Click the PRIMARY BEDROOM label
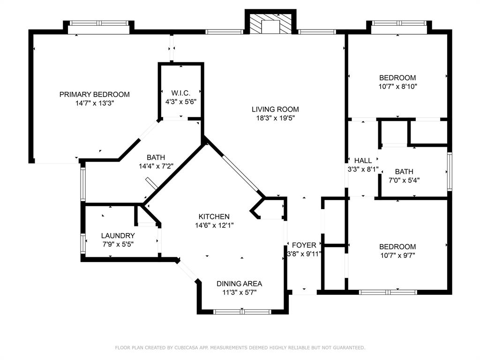[94, 94]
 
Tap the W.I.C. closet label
[180, 93]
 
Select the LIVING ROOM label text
[275, 109]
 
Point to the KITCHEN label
[214, 217]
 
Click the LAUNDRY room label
[118, 236]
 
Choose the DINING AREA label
[240, 284]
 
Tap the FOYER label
[304, 245]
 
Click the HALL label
[363, 160]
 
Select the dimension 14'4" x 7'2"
[156, 166]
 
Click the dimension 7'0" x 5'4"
[404, 180]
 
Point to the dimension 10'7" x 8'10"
[397, 87]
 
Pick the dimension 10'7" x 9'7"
[397, 255]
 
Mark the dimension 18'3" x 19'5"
[275, 118]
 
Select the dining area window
[242, 312]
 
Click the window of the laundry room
[83, 244]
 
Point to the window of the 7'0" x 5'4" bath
[450, 172]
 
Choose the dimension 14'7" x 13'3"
[95, 104]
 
